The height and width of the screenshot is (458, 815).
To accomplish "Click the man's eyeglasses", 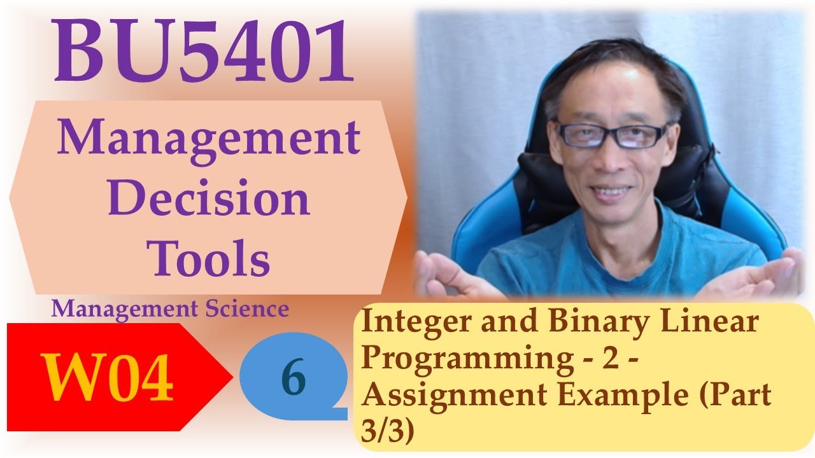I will tap(611, 134).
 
